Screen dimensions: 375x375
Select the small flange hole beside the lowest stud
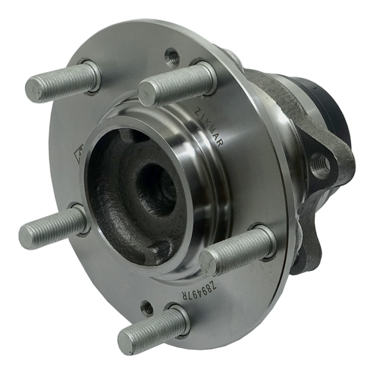tap(148, 306)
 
